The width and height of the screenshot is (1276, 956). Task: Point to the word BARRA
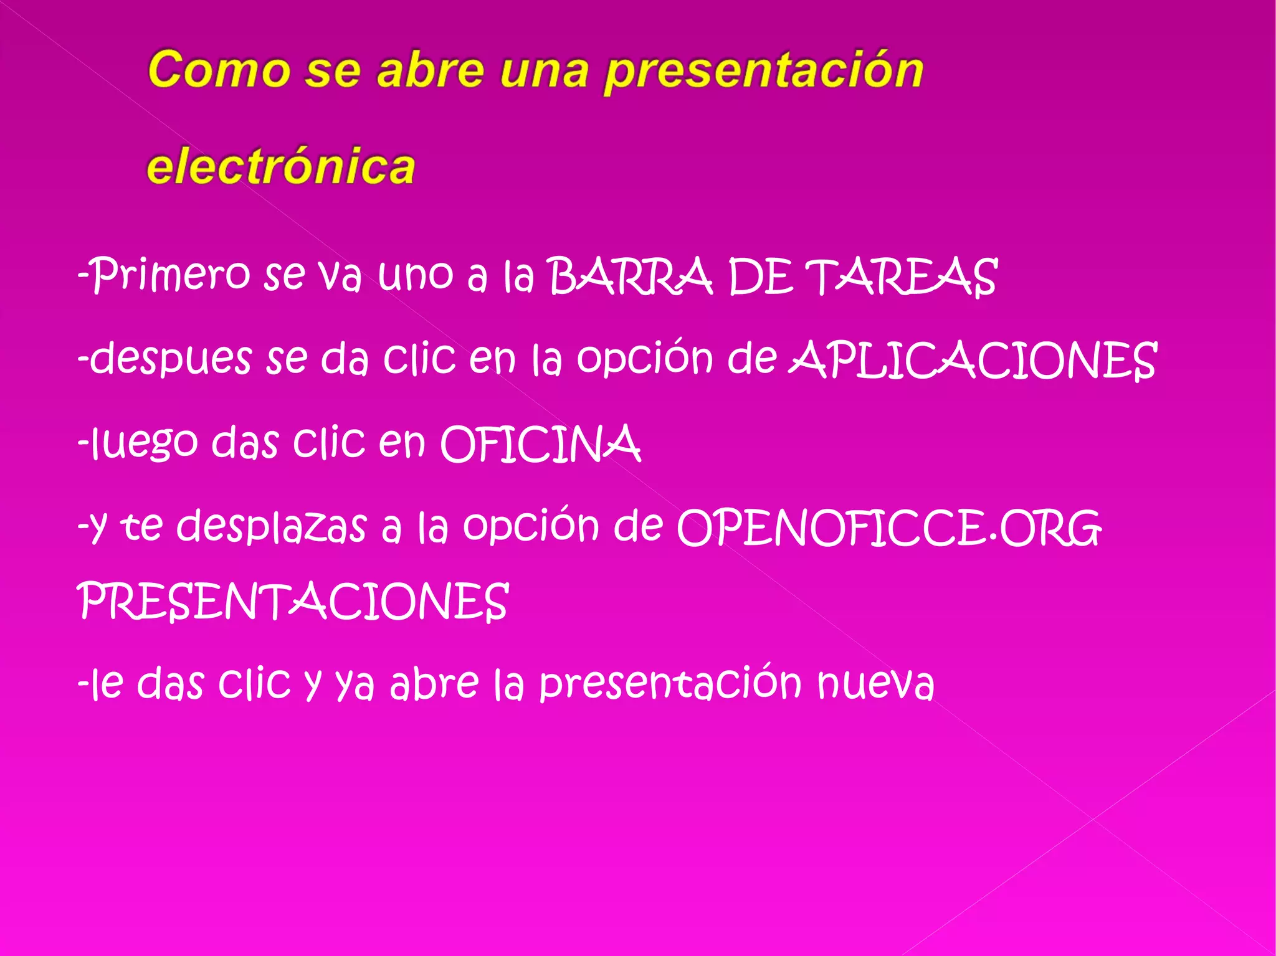click(630, 277)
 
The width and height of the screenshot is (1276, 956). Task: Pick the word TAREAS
click(901, 277)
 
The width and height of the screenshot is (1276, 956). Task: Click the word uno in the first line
click(415, 275)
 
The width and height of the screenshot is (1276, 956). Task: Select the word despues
click(169, 360)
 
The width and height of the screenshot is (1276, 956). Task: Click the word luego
click(143, 443)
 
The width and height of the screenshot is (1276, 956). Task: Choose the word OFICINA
click(540, 444)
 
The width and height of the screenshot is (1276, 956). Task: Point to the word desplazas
click(272, 527)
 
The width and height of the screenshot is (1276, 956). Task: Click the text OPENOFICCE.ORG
click(888, 528)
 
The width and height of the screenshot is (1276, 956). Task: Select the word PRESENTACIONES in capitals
click(293, 602)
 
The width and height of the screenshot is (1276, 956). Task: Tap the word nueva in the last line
click(875, 683)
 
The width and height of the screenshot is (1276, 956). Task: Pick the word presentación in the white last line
click(670, 683)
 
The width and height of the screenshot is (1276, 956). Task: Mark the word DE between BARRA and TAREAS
click(760, 277)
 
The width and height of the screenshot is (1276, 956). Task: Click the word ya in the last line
click(355, 684)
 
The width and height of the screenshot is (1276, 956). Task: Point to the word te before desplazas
click(141, 527)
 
